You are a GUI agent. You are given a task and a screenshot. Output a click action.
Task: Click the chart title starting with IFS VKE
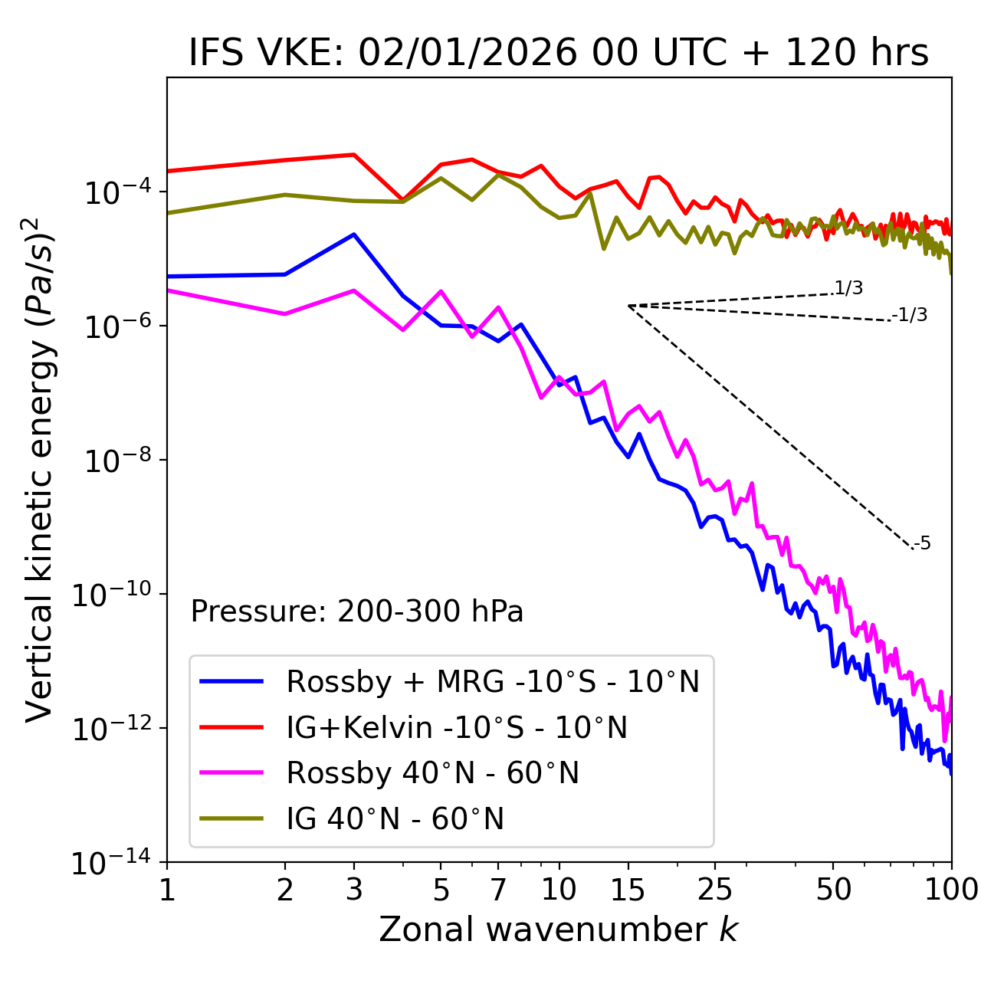[x=559, y=53]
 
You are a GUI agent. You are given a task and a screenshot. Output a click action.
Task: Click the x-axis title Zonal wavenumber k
[x=559, y=929]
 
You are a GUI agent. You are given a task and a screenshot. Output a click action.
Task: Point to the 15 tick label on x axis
[x=628, y=889]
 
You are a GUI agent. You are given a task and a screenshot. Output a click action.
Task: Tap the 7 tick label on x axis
[x=498, y=889]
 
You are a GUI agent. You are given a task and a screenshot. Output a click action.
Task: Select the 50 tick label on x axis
[x=833, y=889]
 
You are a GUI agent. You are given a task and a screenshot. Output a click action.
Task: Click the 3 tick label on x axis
[x=354, y=889]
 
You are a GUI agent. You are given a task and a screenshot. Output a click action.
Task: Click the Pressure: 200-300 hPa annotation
[x=356, y=612]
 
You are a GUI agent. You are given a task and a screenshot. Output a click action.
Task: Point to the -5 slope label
[x=922, y=543]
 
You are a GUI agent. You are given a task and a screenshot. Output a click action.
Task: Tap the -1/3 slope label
[x=910, y=314]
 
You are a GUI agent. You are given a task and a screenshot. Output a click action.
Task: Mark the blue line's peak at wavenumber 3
[x=354, y=234]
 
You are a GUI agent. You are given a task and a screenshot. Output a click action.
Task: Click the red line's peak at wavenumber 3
[x=354, y=155]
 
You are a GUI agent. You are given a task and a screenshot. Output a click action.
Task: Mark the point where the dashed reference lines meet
[x=628, y=306]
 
